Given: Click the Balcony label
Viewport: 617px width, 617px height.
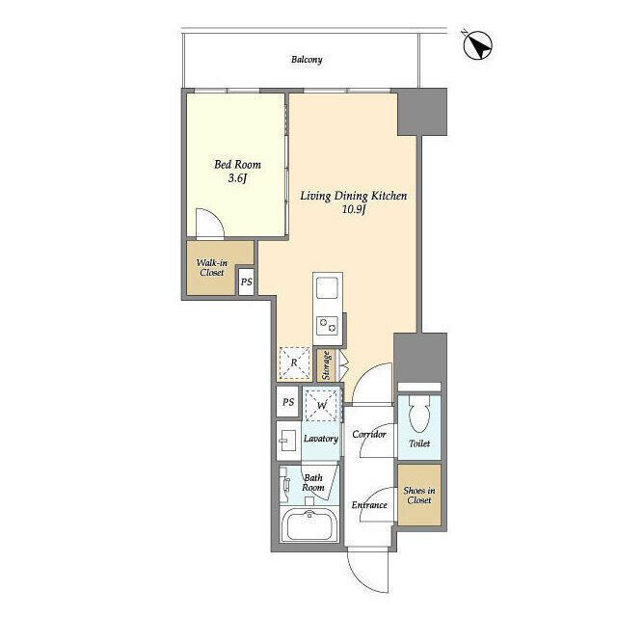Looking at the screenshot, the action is click(307, 60).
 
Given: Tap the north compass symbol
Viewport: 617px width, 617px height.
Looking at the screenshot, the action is click(478, 45).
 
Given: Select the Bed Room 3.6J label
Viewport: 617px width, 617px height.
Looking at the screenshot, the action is click(237, 172).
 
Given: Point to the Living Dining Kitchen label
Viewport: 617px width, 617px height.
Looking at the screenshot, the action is click(354, 202).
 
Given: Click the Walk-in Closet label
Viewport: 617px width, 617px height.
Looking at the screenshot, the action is click(212, 268).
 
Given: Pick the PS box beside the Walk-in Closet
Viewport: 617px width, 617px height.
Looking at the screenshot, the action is click(247, 282).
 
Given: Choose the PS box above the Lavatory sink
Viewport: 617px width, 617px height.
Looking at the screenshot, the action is click(288, 402).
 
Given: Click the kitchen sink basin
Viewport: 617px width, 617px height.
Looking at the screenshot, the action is click(328, 288).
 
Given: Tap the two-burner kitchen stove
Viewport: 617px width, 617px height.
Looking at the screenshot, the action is click(328, 326).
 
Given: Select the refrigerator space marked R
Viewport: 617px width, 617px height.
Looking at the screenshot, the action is click(294, 362).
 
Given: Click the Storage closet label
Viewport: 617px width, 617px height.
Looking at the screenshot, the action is click(326, 365).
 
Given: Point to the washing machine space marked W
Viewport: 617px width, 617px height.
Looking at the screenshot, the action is click(322, 405).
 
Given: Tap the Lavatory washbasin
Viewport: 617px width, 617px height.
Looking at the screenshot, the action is click(287, 441).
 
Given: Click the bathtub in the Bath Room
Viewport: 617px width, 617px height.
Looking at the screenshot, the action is click(309, 524).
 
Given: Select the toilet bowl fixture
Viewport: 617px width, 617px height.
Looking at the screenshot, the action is click(419, 416).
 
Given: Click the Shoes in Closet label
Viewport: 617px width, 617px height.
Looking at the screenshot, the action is click(419, 496).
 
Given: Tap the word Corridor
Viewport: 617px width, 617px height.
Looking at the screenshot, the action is click(369, 434).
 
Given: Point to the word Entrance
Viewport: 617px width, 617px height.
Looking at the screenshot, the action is click(369, 505).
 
